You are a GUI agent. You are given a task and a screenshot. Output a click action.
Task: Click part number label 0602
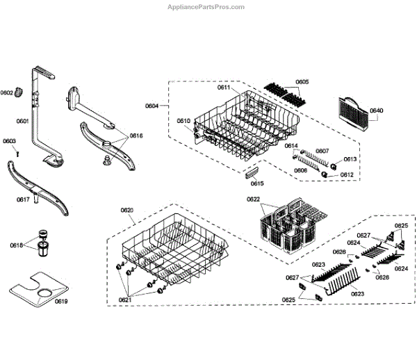(x=7, y=92)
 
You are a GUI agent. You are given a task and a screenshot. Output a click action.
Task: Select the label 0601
(x=22, y=121)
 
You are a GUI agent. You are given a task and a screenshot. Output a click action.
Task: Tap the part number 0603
(x=9, y=141)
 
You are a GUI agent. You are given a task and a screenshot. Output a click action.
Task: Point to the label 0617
(x=23, y=199)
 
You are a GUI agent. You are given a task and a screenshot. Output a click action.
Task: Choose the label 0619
(x=61, y=301)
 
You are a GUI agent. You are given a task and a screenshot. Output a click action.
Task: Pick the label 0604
(x=152, y=106)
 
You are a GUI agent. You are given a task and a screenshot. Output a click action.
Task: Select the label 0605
(x=302, y=82)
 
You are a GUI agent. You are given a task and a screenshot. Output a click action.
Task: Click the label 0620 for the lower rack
(x=126, y=210)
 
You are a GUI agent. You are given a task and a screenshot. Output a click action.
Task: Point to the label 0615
(x=257, y=183)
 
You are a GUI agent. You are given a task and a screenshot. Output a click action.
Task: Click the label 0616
(x=136, y=136)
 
